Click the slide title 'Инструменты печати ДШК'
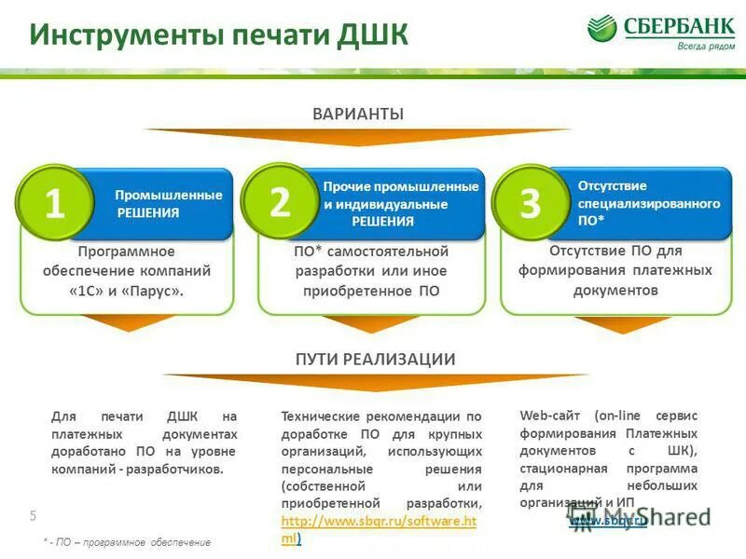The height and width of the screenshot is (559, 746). click(x=218, y=35)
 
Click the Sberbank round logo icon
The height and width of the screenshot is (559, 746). click(x=602, y=28)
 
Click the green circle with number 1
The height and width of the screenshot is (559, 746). click(x=55, y=204)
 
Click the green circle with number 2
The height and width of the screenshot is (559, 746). click(x=279, y=203)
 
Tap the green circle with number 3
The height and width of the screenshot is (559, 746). click(x=530, y=203)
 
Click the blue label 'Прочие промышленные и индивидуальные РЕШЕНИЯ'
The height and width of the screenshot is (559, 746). click(x=400, y=204)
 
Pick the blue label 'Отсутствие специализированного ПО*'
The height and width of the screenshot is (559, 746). click(x=648, y=202)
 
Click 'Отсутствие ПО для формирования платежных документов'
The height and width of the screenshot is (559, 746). click(x=615, y=270)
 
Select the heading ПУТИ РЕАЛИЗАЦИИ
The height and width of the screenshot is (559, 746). click(x=375, y=359)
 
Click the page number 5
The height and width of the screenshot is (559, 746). click(x=33, y=516)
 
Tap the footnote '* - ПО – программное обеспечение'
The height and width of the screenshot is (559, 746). click(x=127, y=542)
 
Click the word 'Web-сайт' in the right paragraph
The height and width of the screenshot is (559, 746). click(x=544, y=416)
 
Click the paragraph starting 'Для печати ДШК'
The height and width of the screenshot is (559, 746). click(x=144, y=443)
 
